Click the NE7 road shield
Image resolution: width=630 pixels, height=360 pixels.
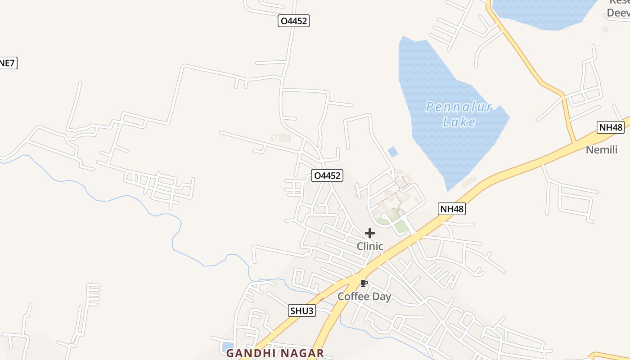click(x=8, y=63)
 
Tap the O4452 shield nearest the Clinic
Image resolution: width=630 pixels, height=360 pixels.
click(x=327, y=175)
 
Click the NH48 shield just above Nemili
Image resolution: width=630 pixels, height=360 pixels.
click(x=611, y=127)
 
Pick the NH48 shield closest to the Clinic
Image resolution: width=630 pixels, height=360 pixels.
click(x=451, y=209)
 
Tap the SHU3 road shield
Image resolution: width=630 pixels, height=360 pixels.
click(x=301, y=310)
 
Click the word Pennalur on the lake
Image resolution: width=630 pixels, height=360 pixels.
click(x=459, y=107)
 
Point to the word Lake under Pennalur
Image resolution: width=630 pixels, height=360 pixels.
click(x=459, y=122)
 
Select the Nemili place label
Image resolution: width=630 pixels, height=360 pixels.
click(x=601, y=150)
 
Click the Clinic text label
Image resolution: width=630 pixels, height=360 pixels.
click(x=370, y=246)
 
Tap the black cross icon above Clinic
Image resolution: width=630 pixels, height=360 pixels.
click(x=370, y=233)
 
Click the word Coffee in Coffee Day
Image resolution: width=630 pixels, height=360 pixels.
click(x=354, y=297)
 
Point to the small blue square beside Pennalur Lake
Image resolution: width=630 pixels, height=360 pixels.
click(x=393, y=152)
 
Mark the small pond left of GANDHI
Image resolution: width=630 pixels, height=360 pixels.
click(x=225, y=347)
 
